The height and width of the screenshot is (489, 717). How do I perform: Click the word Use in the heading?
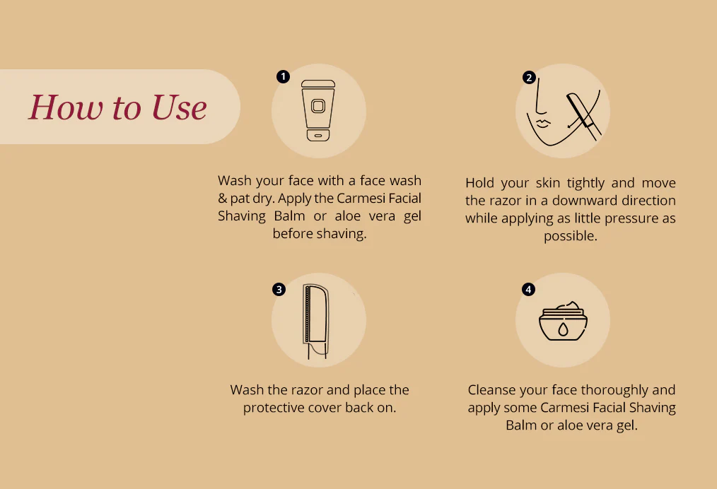tap(179, 108)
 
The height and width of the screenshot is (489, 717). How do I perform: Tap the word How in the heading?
tap(66, 108)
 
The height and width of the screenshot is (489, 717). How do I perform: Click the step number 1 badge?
tap(283, 76)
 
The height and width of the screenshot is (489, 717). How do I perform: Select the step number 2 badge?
tap(529, 77)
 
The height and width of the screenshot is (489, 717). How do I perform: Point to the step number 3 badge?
tap(279, 289)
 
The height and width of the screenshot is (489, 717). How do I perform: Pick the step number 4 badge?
tap(528, 289)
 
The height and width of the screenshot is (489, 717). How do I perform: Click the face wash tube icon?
tap(318, 111)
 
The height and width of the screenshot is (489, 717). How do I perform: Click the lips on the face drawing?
tap(543, 124)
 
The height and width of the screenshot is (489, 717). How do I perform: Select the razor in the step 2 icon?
tap(583, 116)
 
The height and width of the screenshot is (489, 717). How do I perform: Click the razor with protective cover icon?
tap(316, 321)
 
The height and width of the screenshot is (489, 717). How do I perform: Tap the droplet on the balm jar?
tap(563, 329)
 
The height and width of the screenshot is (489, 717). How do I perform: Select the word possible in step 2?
tap(570, 236)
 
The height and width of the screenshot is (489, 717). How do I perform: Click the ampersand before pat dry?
tap(222, 199)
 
